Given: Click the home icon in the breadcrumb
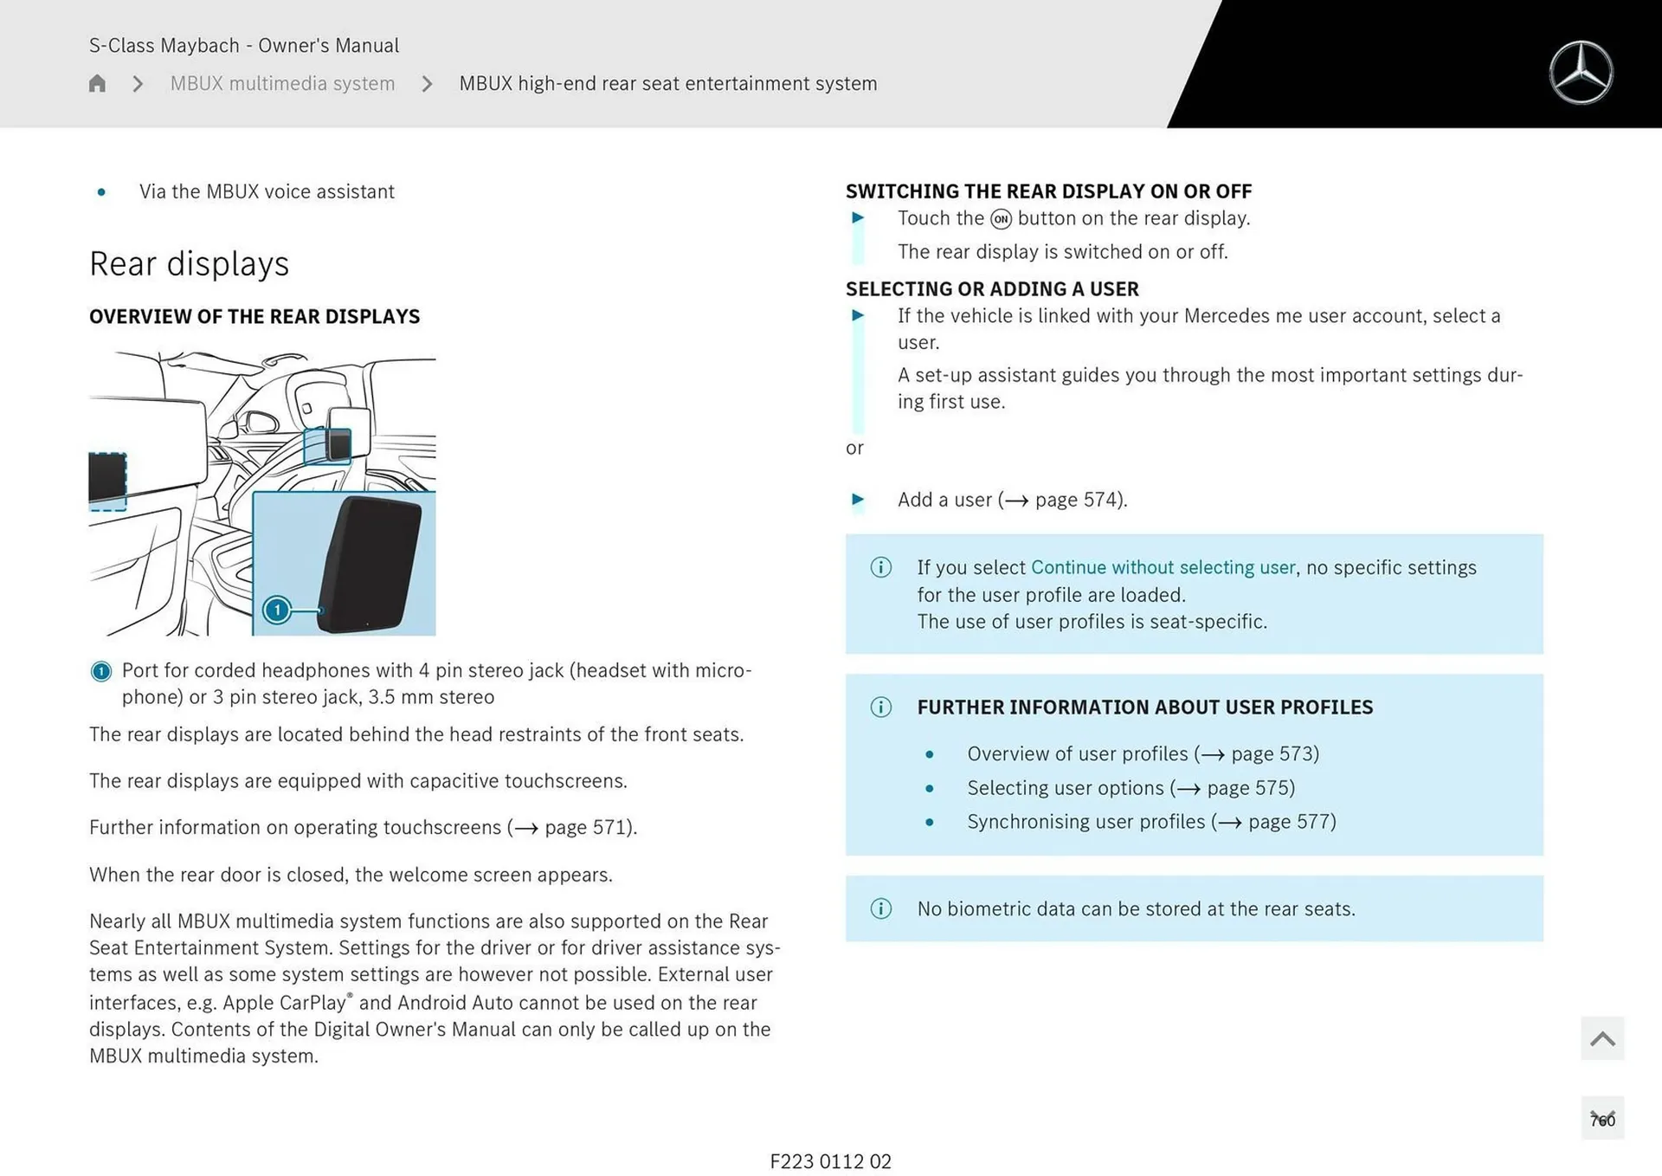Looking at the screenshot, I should point(97,83).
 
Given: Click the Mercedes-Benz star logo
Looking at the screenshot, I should point(1581,73).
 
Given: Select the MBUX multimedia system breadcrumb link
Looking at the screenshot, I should point(282,83).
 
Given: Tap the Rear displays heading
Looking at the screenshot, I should point(189,264).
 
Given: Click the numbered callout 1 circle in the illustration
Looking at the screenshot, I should point(277,610).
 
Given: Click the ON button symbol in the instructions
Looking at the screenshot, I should point(1001,219).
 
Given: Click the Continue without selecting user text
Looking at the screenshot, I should point(1163,568).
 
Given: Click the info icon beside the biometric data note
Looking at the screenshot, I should point(880,908).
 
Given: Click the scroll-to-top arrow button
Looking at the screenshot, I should point(1601,1038).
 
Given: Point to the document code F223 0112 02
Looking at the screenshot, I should point(830,1161).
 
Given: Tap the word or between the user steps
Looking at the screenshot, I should point(854,449).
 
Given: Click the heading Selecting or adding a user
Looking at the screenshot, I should point(992,289).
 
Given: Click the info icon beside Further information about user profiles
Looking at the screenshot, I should point(880,708).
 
